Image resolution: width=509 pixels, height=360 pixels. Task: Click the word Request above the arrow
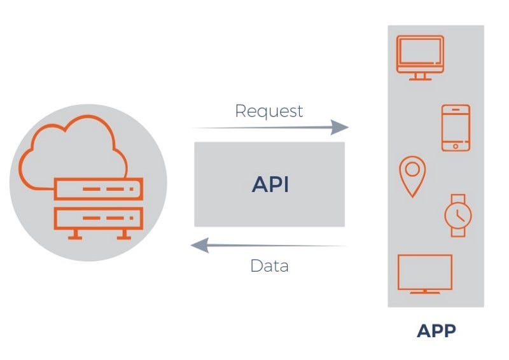269,111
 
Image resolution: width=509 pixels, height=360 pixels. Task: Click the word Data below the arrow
269,266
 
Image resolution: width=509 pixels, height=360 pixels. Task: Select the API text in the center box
270,184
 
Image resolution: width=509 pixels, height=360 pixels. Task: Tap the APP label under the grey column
436,331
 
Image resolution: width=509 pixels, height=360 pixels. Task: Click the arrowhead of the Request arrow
340,127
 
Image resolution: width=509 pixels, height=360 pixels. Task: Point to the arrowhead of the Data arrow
200,245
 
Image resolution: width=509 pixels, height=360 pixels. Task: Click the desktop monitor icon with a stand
420,58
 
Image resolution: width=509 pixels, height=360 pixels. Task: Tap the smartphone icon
456,128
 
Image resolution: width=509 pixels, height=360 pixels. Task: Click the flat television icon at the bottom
425,274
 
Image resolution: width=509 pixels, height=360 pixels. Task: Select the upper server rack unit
99,189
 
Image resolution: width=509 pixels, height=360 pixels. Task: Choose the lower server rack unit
99,218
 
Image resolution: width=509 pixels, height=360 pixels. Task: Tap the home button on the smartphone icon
456,146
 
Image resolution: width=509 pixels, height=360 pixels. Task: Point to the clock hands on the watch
459,216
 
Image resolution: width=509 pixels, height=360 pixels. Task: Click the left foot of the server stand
75,235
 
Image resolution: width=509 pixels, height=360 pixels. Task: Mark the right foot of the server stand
124,235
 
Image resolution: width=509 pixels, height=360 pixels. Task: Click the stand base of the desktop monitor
420,77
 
